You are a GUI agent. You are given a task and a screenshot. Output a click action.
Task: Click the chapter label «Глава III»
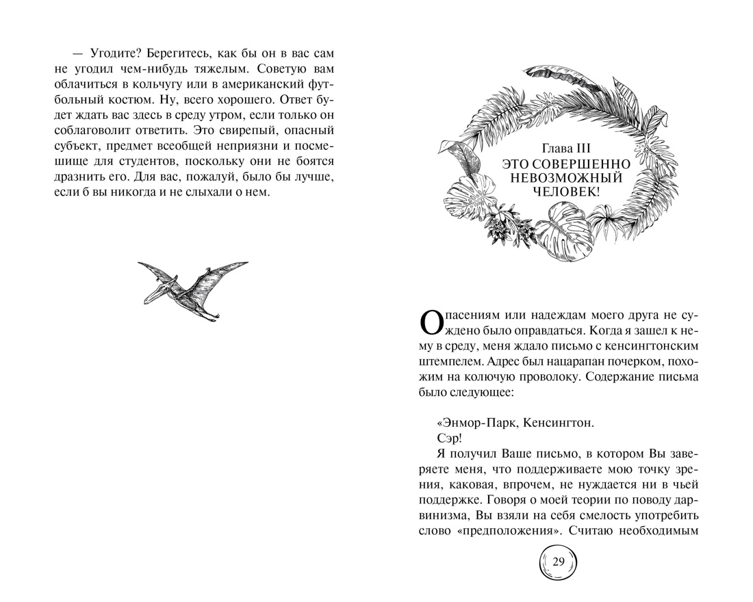click(x=565, y=149)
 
